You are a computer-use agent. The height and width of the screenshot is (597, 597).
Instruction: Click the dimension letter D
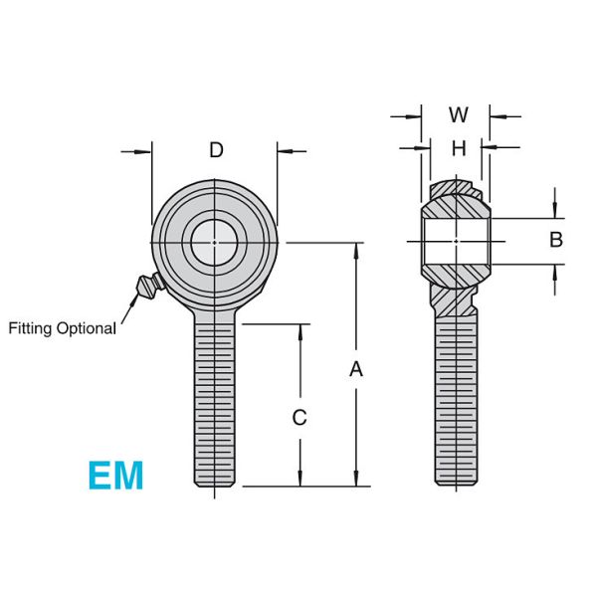[216, 151]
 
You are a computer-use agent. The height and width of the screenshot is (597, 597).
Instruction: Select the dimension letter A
[356, 369]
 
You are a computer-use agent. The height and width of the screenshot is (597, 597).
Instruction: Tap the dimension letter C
[298, 418]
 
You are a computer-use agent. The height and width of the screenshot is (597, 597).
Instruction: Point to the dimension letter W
[458, 115]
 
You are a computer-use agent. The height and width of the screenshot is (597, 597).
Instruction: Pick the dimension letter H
[458, 149]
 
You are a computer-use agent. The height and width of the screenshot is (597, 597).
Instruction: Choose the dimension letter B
[556, 240]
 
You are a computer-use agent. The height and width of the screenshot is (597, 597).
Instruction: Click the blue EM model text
[115, 476]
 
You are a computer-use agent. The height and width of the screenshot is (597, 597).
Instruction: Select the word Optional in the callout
[87, 327]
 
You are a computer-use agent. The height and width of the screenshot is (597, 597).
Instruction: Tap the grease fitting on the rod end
[146, 288]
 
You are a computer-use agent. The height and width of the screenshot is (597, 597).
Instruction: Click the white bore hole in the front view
[214, 241]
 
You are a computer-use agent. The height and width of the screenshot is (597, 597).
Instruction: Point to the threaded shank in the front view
[215, 398]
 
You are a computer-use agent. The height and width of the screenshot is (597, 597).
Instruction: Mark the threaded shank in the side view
[457, 398]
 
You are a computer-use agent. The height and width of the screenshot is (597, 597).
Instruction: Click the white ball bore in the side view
[456, 241]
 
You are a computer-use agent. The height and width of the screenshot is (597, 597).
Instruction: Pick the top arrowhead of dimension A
[356, 249]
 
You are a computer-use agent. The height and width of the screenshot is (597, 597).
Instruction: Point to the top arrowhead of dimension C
[298, 331]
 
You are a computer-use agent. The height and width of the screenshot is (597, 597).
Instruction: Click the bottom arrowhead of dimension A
[356, 480]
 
